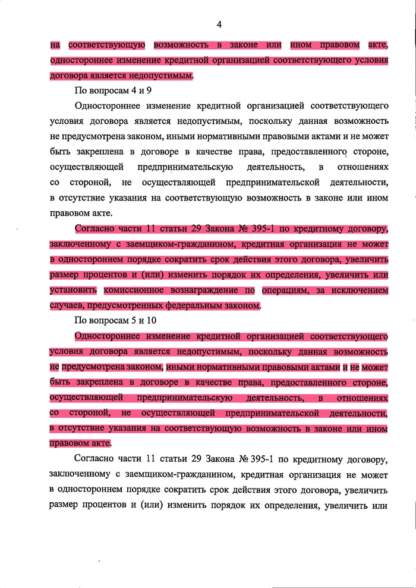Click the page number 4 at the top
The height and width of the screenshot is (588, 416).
click(219, 24)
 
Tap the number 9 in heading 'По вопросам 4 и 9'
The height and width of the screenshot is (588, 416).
click(140, 91)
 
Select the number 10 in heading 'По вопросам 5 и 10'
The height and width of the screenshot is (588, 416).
click(144, 321)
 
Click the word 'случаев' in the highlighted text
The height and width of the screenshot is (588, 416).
click(66, 306)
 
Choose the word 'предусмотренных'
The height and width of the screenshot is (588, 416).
click(128, 306)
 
